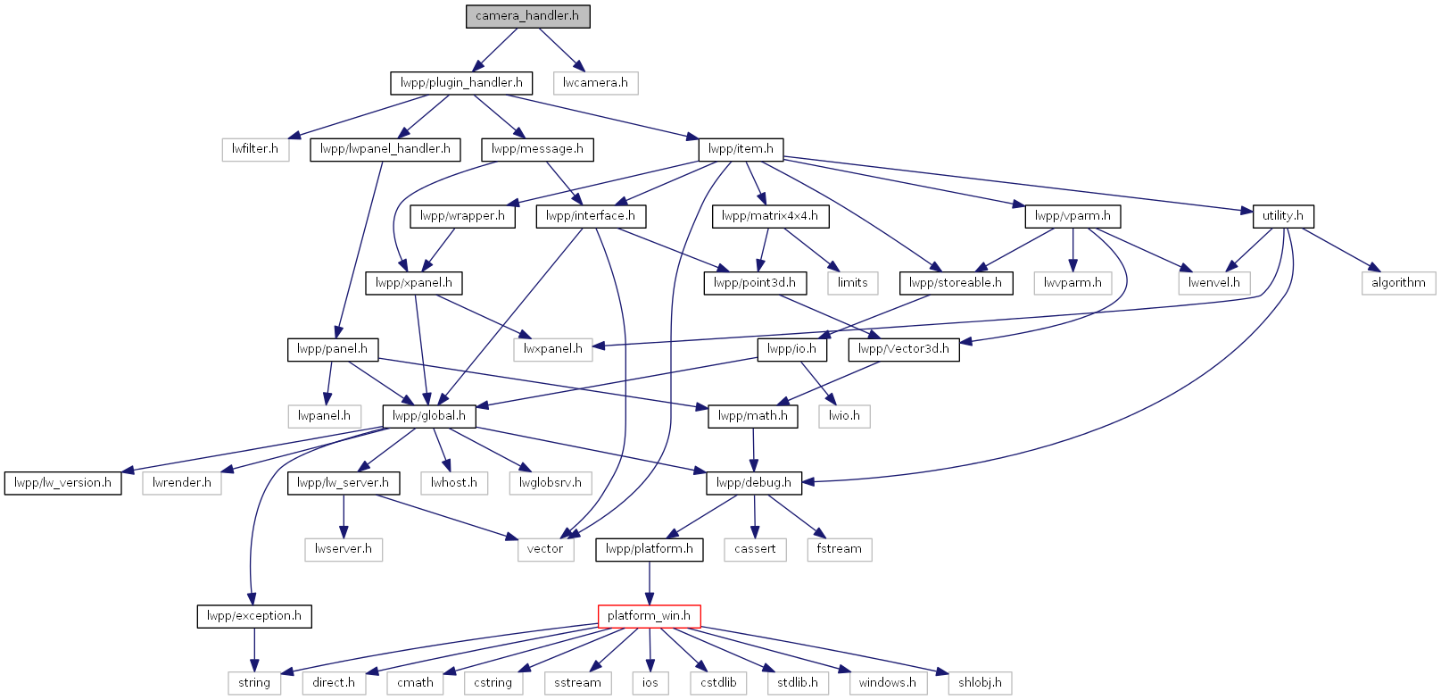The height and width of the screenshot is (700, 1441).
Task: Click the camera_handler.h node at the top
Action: tap(527, 16)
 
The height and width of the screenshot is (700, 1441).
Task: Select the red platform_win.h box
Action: tap(649, 616)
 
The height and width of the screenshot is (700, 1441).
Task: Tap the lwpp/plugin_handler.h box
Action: tap(461, 83)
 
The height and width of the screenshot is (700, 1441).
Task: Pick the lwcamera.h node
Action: tap(596, 83)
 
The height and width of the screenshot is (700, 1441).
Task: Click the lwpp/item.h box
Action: tap(741, 149)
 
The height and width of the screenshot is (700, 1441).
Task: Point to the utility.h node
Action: tap(1283, 216)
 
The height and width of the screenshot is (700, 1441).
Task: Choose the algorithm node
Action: tap(1398, 283)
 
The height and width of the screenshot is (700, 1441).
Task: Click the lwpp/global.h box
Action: tap(429, 416)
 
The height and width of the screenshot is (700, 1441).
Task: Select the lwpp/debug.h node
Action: tap(754, 483)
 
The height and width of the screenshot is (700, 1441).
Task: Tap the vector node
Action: tap(545, 549)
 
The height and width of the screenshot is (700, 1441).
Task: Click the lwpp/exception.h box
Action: tap(254, 616)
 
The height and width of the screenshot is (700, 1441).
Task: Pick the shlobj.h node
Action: tap(980, 683)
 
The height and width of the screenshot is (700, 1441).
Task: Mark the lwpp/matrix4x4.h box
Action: tap(770, 216)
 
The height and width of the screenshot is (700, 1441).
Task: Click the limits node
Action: tap(852, 283)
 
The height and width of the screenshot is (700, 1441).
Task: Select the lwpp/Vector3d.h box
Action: tap(904, 350)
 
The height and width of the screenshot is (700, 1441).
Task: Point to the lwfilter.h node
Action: tap(255, 149)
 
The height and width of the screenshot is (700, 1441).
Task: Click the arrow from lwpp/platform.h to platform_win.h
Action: tap(649, 583)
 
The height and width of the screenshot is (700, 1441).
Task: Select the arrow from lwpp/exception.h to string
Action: tap(254, 650)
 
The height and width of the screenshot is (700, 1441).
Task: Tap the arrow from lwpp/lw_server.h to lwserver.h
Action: tap(344, 516)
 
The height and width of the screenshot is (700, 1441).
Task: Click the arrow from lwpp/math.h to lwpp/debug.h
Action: tap(753, 449)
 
